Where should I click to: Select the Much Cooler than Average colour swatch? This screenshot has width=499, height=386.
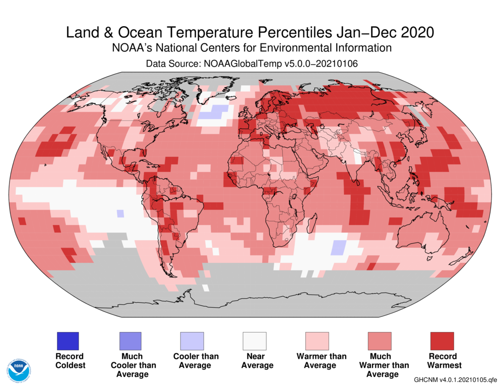130,341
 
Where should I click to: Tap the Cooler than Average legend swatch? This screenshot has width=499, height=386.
193,341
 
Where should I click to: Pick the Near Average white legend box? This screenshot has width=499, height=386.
255,341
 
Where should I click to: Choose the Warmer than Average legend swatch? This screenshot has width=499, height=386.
317,341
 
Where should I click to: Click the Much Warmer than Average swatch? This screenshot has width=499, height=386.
380,341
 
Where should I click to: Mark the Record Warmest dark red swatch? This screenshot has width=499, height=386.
442,341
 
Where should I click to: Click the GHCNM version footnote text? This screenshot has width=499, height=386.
455,379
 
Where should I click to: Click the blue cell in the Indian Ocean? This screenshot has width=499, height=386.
339,248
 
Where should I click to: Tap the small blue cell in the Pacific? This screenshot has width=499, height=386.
120,213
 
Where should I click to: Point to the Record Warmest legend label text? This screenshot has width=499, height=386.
442,360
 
